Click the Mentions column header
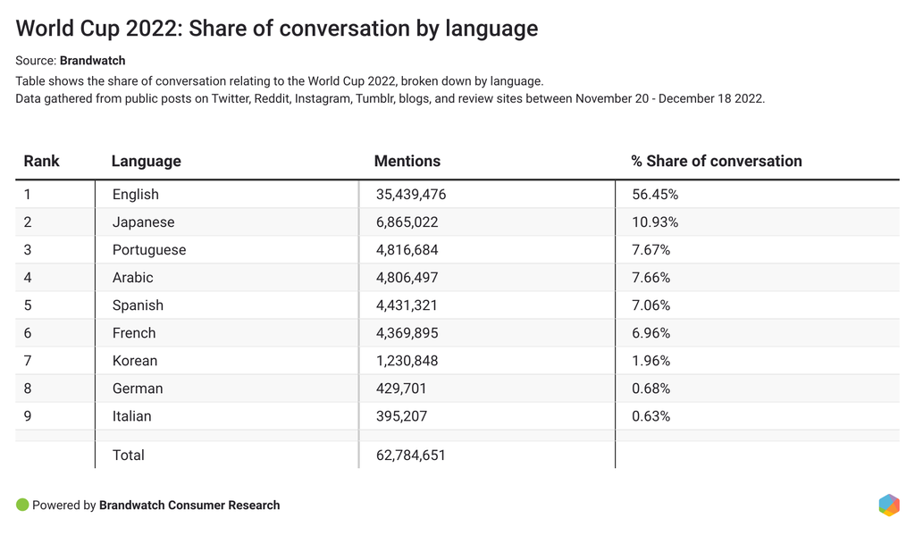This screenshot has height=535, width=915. tap(407, 162)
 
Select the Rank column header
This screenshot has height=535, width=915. tap(41, 162)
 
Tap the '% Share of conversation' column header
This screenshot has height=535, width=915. tap(716, 162)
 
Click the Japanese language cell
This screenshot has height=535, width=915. tap(143, 222)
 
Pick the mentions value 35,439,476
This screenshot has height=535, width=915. tap(411, 195)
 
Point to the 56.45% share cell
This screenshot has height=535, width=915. tap(654, 195)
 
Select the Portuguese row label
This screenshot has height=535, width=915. tap(149, 250)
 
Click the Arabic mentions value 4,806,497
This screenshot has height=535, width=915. tap(407, 278)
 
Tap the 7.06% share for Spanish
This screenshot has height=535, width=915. tap(651, 305)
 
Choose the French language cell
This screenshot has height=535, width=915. tap(134, 333)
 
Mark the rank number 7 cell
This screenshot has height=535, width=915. tap(28, 361)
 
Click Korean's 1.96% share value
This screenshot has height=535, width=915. tap(651, 361)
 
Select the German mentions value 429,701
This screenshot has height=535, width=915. tap(402, 389)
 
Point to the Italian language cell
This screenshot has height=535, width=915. tap(131, 416)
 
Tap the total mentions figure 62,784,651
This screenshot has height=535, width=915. tap(411, 456)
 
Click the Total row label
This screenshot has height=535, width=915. tap(128, 456)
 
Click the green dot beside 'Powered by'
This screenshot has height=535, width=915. tap(22, 505)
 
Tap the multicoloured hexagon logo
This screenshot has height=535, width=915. tap(889, 505)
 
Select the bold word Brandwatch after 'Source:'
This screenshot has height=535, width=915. tap(92, 61)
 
